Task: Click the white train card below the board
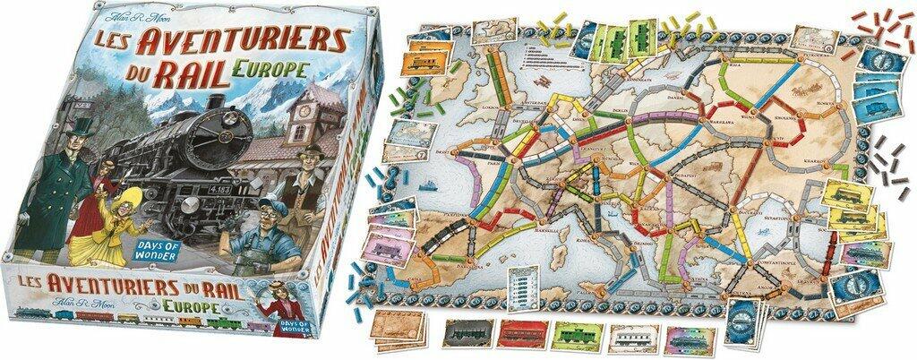(633, 335)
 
